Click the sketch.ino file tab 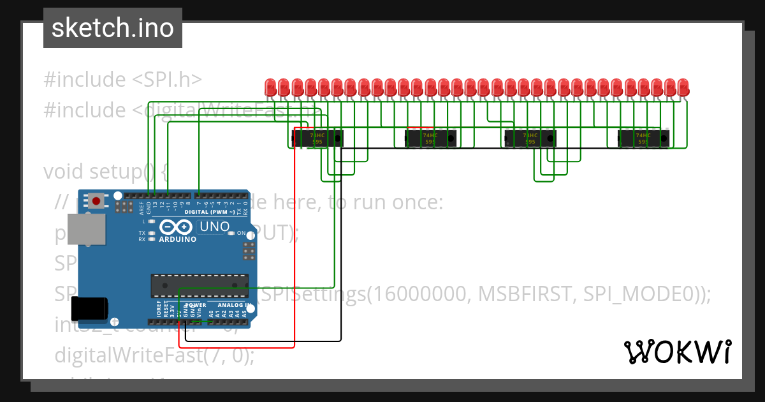(113, 28)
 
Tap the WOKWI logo (677, 352)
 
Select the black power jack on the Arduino (88, 309)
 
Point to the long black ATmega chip (200, 285)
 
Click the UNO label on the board (214, 227)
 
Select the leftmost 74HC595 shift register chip (317, 138)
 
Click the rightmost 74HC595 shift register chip (643, 138)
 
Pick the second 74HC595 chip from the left (431, 138)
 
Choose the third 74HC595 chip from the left (530, 138)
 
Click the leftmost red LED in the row (270, 86)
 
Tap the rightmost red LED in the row (683, 86)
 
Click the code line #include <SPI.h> (122, 80)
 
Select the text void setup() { (105, 172)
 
